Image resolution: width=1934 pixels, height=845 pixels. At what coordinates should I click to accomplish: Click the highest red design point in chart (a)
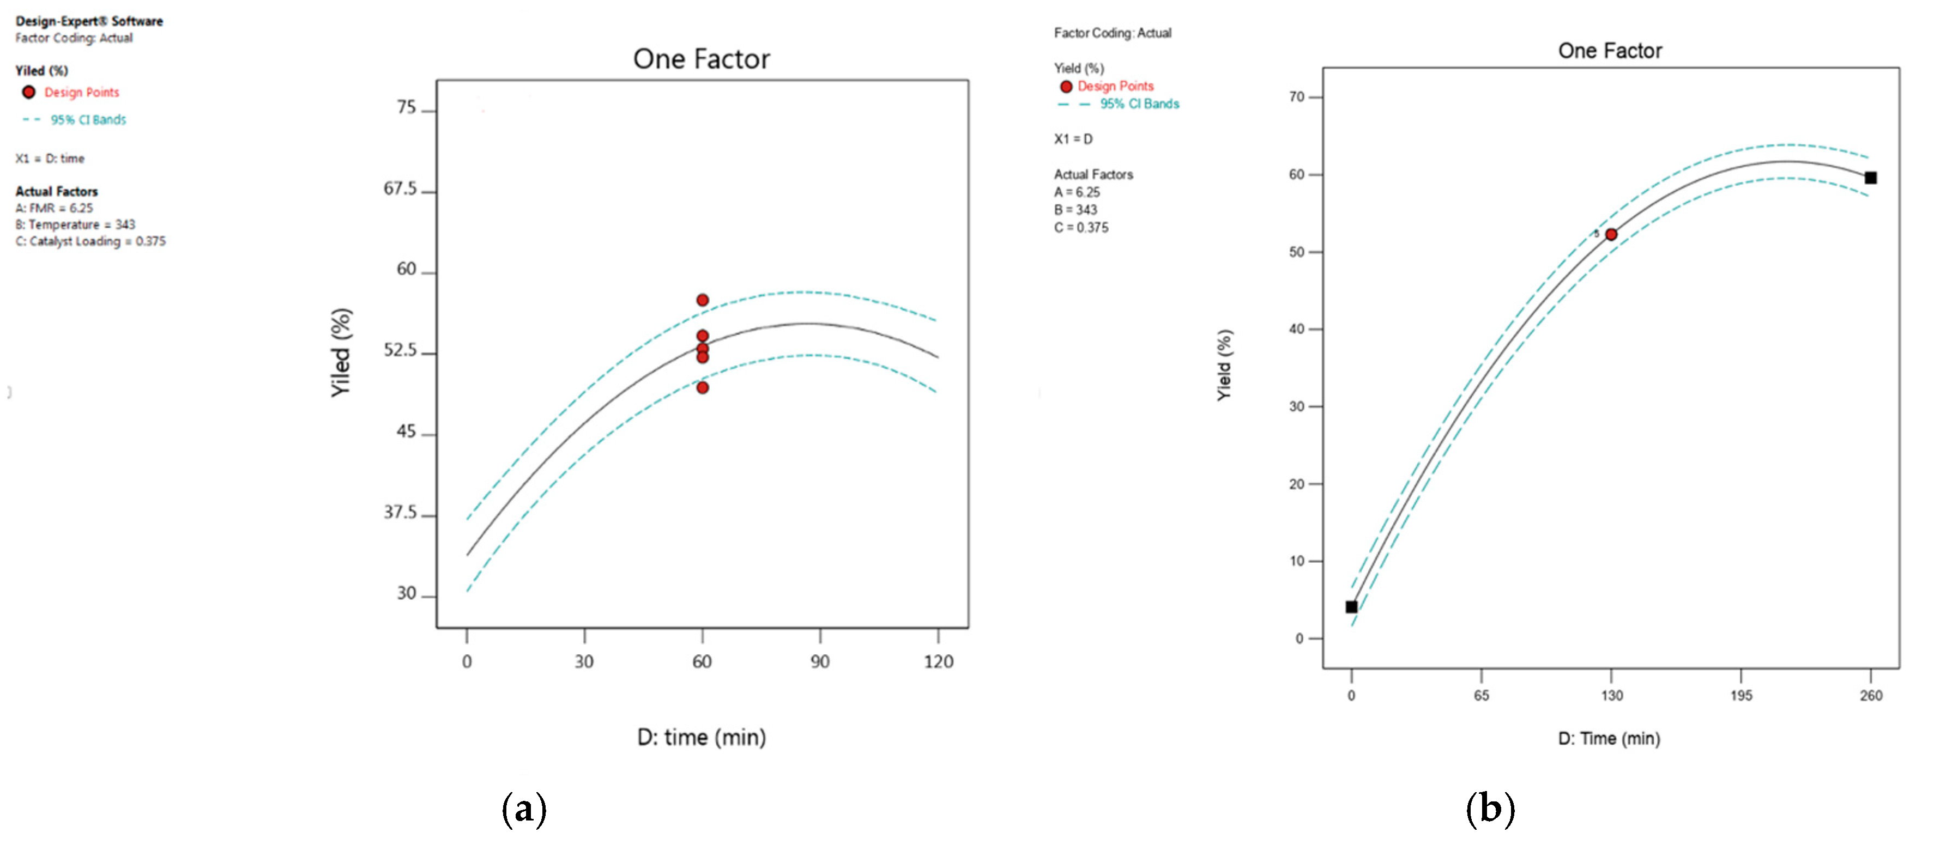(702, 300)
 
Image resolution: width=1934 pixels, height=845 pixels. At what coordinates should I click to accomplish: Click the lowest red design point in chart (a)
(702, 388)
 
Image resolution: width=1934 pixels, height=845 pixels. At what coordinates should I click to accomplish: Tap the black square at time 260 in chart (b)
(1870, 178)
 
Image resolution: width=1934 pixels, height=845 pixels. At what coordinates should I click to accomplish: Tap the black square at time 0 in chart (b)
(1351, 607)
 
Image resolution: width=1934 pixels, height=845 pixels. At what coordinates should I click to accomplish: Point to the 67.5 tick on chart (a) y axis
(400, 189)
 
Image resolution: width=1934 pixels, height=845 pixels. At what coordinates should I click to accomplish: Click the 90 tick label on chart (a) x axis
(820, 662)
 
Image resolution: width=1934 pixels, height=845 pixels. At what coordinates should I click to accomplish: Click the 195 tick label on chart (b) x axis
(1741, 696)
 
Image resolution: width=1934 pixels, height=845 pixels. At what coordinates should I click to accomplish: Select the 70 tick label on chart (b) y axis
(1297, 97)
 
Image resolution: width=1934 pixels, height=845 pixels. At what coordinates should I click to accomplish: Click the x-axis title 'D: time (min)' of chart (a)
(701, 738)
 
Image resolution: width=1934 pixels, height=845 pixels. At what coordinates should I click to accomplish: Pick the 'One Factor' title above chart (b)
(1610, 51)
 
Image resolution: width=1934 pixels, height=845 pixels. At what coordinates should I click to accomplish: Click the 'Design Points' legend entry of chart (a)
(81, 92)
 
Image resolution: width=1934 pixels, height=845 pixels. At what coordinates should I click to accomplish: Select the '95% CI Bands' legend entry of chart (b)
(1139, 104)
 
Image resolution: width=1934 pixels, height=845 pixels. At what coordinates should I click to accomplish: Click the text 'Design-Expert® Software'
(89, 21)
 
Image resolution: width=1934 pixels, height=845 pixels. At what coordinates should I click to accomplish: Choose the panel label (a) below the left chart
(524, 809)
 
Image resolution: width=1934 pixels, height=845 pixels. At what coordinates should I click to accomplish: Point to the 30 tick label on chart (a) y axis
(406, 594)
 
